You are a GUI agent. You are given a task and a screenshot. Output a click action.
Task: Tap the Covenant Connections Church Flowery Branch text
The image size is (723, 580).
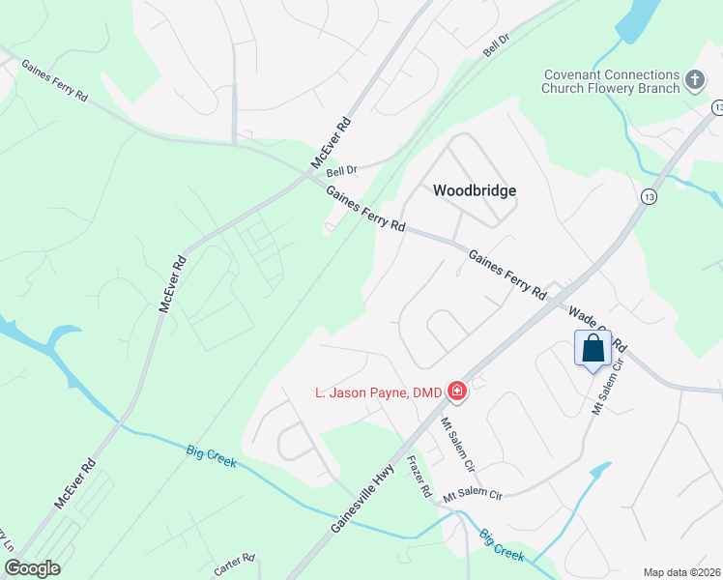pyautogui.click(x=611, y=82)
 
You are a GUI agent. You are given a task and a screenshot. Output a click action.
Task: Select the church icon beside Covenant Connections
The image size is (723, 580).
pyautogui.click(x=693, y=79)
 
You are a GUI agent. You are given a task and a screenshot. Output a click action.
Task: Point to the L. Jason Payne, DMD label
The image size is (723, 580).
pyautogui.click(x=378, y=392)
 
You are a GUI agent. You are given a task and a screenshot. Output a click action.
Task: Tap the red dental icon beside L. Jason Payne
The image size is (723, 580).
pyautogui.click(x=456, y=391)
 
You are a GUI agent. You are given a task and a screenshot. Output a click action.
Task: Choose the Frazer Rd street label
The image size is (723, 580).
pyautogui.click(x=419, y=477)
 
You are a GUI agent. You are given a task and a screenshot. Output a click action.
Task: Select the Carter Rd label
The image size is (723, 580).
pyautogui.click(x=234, y=565)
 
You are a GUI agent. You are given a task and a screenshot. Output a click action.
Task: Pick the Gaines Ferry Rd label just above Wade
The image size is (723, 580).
pyautogui.click(x=507, y=274)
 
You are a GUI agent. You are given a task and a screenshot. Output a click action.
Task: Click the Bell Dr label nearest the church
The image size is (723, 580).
pyautogui.click(x=496, y=43)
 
